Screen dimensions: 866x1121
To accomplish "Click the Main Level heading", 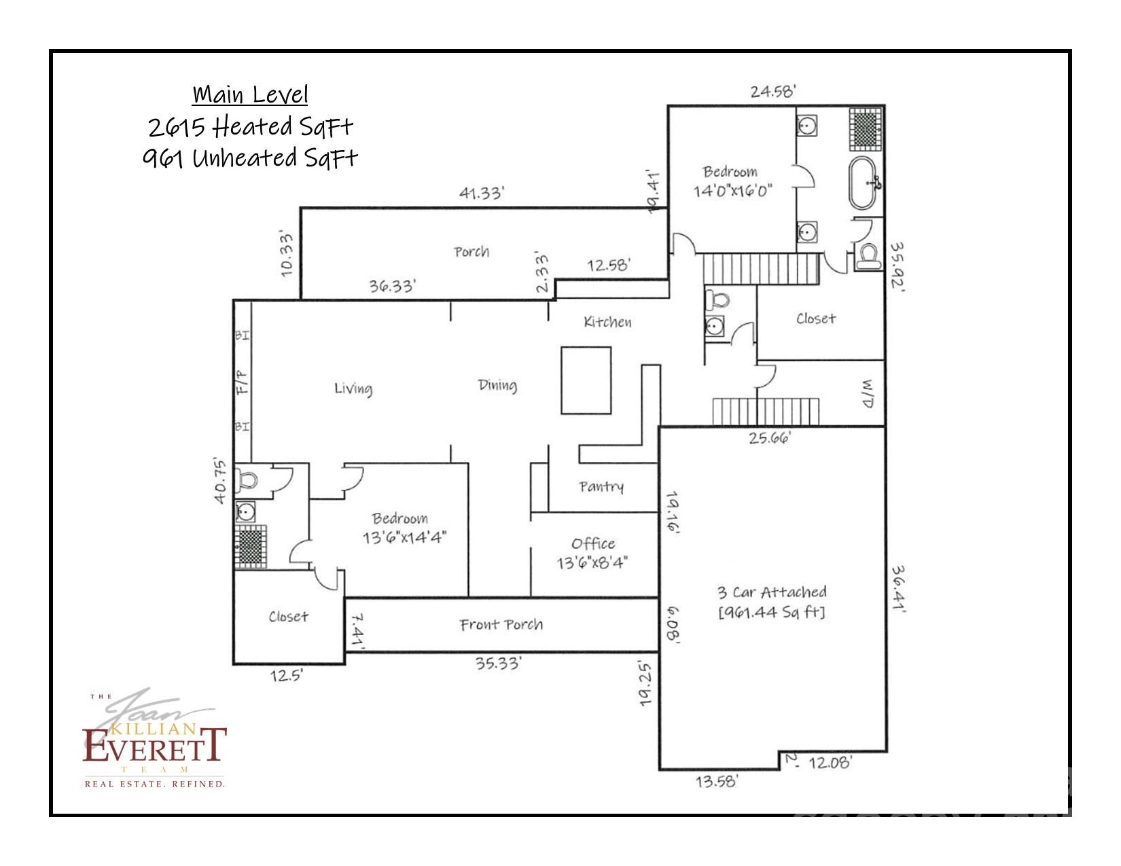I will point(250,94).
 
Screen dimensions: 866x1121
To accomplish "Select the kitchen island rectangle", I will point(586,380).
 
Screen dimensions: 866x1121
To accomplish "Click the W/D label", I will point(868,394).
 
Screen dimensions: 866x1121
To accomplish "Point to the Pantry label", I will point(601,486).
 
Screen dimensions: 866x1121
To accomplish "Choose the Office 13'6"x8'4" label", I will point(593,553).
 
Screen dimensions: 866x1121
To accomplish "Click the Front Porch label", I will point(501,624).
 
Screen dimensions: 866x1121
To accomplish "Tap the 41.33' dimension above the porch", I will point(481,193).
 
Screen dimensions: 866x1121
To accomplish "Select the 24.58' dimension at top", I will point(772,91).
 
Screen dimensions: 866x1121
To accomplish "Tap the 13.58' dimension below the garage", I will point(716,781).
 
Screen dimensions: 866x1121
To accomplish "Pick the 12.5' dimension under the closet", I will point(286,676).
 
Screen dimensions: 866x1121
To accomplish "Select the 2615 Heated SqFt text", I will point(251,126).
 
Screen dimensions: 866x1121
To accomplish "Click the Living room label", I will point(353,388).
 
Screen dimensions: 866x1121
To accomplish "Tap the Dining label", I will point(497,385).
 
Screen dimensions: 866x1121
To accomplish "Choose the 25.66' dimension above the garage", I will point(770,437).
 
